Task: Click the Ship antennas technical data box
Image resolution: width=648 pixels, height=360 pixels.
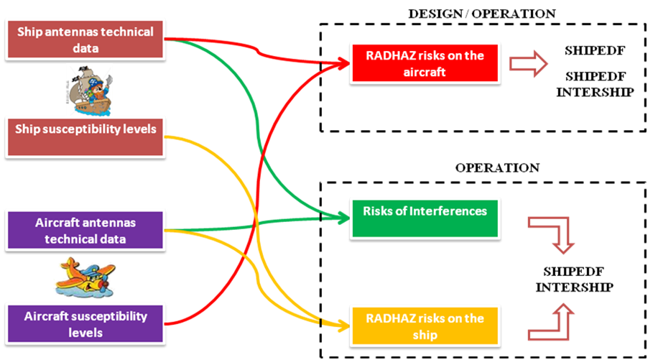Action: pyautogui.click(x=86, y=40)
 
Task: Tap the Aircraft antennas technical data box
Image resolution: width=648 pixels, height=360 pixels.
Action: pyautogui.click(x=85, y=230)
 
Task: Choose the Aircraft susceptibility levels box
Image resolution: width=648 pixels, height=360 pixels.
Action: pyautogui.click(x=85, y=324)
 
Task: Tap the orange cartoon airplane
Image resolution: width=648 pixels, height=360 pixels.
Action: pyautogui.click(x=85, y=277)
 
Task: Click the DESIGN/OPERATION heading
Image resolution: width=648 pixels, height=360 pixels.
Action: pyautogui.click(x=481, y=14)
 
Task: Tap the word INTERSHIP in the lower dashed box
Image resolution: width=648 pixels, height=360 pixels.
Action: pyautogui.click(x=578, y=287)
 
